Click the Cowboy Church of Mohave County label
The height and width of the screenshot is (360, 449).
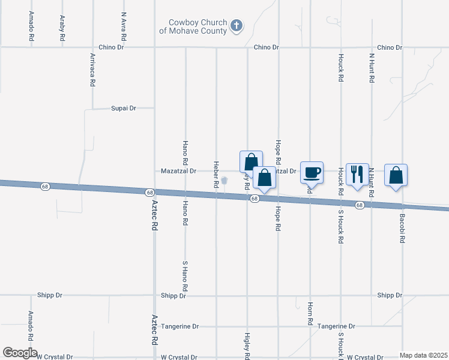197,26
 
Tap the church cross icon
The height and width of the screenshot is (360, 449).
237,26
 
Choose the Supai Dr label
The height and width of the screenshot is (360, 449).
124,109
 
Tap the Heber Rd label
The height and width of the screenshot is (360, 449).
215,175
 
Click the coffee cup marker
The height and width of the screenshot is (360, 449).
312,173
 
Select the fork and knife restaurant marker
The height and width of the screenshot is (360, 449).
357,174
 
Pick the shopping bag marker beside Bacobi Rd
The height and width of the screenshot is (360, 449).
396,175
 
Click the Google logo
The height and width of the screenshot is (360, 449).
20,353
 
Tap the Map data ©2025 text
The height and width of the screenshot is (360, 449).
423,355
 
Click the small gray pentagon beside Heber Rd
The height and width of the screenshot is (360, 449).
224,180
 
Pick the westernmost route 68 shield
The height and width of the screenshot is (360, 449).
45,187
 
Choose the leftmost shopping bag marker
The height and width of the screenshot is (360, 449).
251,161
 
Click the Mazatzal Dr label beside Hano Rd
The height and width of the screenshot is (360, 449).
179,171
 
